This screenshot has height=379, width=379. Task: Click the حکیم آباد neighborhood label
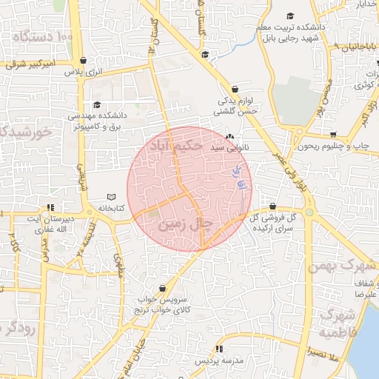pos(175,145)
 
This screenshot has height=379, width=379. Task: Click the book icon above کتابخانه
pos(111,197)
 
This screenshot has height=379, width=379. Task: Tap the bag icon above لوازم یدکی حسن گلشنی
pos(235,88)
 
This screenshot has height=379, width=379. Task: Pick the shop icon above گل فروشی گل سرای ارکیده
pos(273,207)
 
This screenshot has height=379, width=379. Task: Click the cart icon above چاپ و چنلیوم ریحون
pos(334,135)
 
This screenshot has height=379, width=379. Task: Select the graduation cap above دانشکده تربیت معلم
pos(290,16)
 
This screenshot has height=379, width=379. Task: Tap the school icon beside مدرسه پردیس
pos(219,349)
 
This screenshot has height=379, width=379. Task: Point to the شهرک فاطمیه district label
pos(337,326)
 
